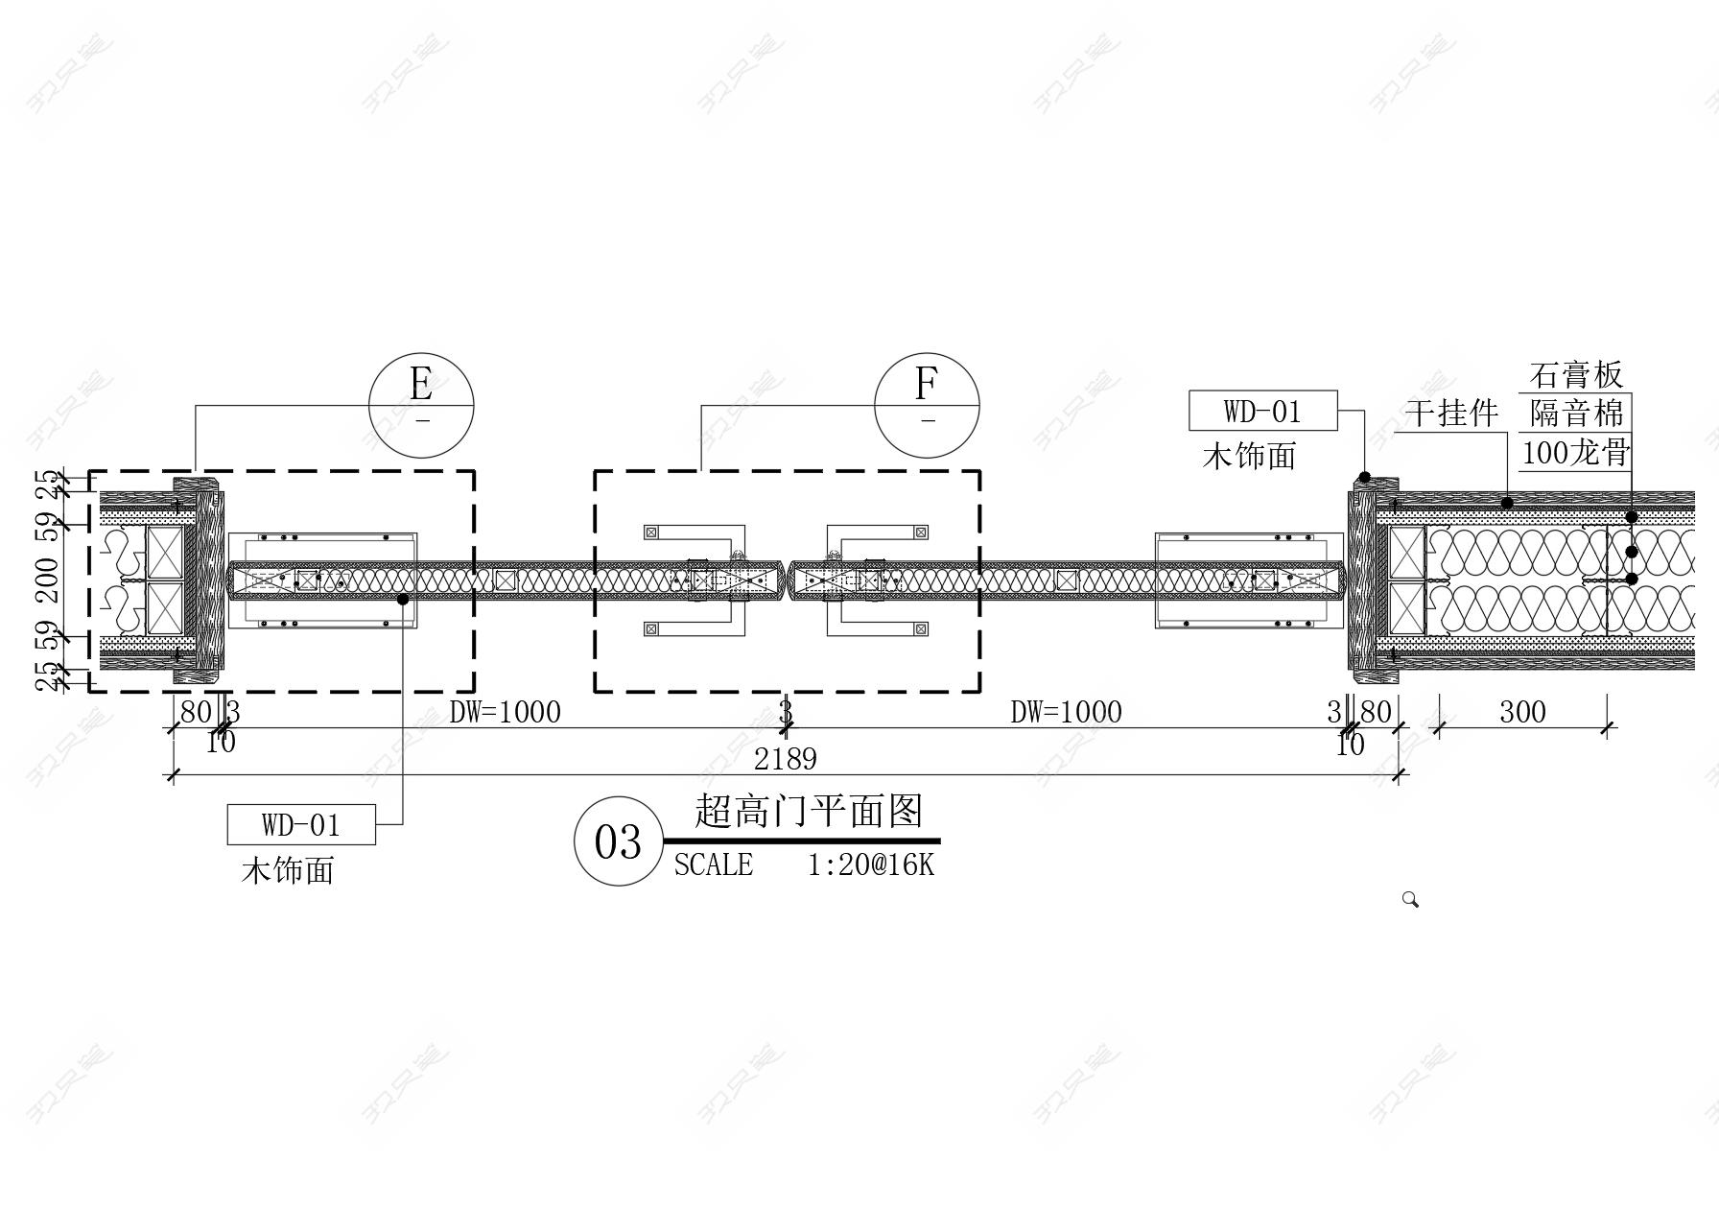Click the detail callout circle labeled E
(x=422, y=405)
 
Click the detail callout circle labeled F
(x=927, y=405)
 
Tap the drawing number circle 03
(x=618, y=841)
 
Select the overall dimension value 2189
(x=785, y=760)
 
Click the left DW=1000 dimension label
(x=505, y=712)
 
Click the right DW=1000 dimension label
(x=1066, y=712)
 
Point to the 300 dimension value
(x=1522, y=712)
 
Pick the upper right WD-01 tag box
(x=1262, y=412)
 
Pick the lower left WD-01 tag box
(x=301, y=825)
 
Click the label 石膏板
(x=1576, y=374)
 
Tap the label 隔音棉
(x=1576, y=414)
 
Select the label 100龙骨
(x=1576, y=452)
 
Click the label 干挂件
(x=1451, y=414)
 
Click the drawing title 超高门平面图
(x=808, y=812)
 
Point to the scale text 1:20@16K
(x=870, y=865)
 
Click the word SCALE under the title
(x=713, y=865)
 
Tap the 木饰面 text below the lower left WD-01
(x=287, y=870)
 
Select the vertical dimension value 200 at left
(x=47, y=580)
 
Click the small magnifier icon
(x=1410, y=899)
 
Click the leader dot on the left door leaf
(x=403, y=599)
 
